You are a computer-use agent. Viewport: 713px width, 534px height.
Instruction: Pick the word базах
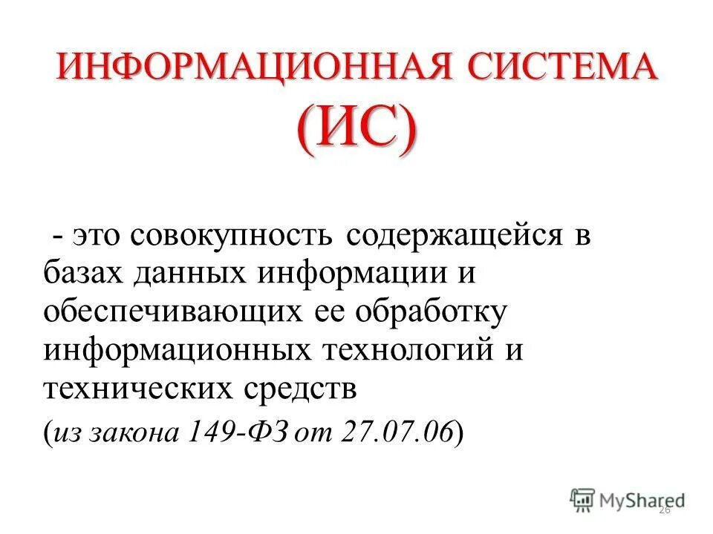(85, 274)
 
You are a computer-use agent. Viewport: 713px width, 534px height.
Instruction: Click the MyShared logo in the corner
(628, 500)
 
